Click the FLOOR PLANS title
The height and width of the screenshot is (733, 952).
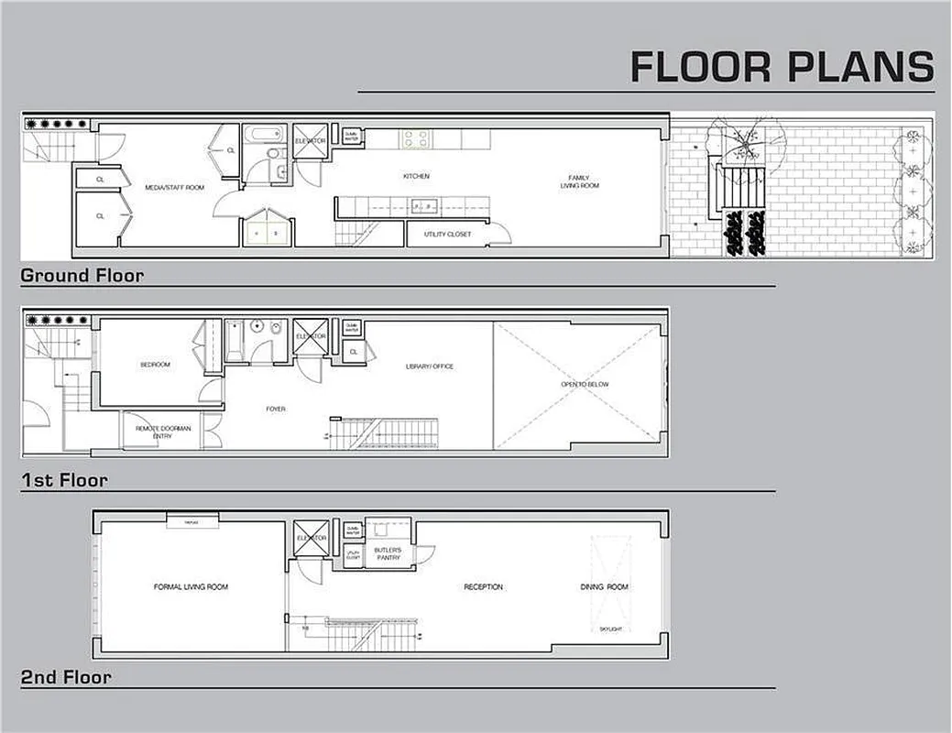pos(782,68)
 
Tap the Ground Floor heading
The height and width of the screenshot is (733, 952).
pos(82,275)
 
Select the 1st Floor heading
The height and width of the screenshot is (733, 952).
pos(64,479)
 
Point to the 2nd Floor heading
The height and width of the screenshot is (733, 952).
pos(66,678)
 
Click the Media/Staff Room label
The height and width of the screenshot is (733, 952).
pos(174,188)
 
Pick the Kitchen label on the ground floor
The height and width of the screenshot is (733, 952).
pos(416,176)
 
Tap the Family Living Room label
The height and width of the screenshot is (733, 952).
pos(579,181)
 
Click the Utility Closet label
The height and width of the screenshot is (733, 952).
pos(447,235)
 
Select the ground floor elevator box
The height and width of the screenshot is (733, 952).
pos(310,141)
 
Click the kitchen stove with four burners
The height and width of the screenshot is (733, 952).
pos(414,139)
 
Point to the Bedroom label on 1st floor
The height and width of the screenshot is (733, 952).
pos(155,365)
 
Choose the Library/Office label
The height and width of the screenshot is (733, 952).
pos(429,366)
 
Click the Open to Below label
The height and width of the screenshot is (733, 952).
pos(585,384)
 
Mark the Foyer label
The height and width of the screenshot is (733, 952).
pos(275,409)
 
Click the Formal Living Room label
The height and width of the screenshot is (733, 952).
pos(191,586)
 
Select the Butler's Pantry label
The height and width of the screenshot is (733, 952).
pos(388,553)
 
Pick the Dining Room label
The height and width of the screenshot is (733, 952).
pos(605,586)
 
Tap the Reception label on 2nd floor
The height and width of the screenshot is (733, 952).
pos(483,586)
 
